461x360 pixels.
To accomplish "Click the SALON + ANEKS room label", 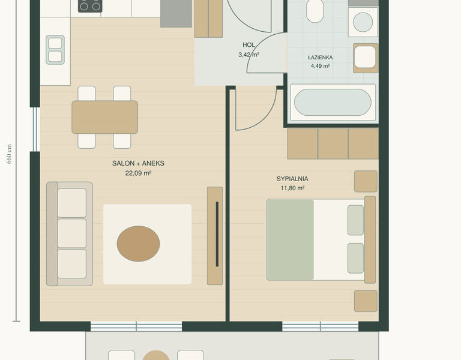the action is click(x=138, y=163).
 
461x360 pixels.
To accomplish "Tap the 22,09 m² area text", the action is click(x=138, y=173).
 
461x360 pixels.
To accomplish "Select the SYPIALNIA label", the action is click(x=292, y=179).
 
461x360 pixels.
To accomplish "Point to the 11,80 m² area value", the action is click(x=292, y=188).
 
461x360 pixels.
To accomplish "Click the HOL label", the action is click(x=249, y=45).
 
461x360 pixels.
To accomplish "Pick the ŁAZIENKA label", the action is click(x=320, y=58).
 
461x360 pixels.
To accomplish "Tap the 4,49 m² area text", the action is click(x=320, y=66).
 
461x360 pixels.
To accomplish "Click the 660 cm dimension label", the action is click(x=9, y=154).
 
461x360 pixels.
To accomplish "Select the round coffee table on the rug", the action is click(x=138, y=244).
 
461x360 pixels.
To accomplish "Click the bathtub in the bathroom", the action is click(x=333, y=102).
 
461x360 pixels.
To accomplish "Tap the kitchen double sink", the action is click(x=55, y=50).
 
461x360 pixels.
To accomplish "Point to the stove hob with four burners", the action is click(x=90, y=6).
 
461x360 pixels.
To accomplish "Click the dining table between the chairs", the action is click(x=104, y=117).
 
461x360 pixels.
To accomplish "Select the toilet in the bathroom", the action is click(x=315, y=11).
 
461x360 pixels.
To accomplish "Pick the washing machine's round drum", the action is click(x=363, y=22).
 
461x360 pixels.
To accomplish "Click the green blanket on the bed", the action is click(x=290, y=239).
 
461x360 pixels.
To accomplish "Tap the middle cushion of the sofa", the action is click(x=72, y=233).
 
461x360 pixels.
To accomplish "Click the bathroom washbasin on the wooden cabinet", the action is click(x=365, y=57).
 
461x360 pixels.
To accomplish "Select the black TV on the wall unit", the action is click(x=217, y=234).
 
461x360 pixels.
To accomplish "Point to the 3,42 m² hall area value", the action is click(x=249, y=55).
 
